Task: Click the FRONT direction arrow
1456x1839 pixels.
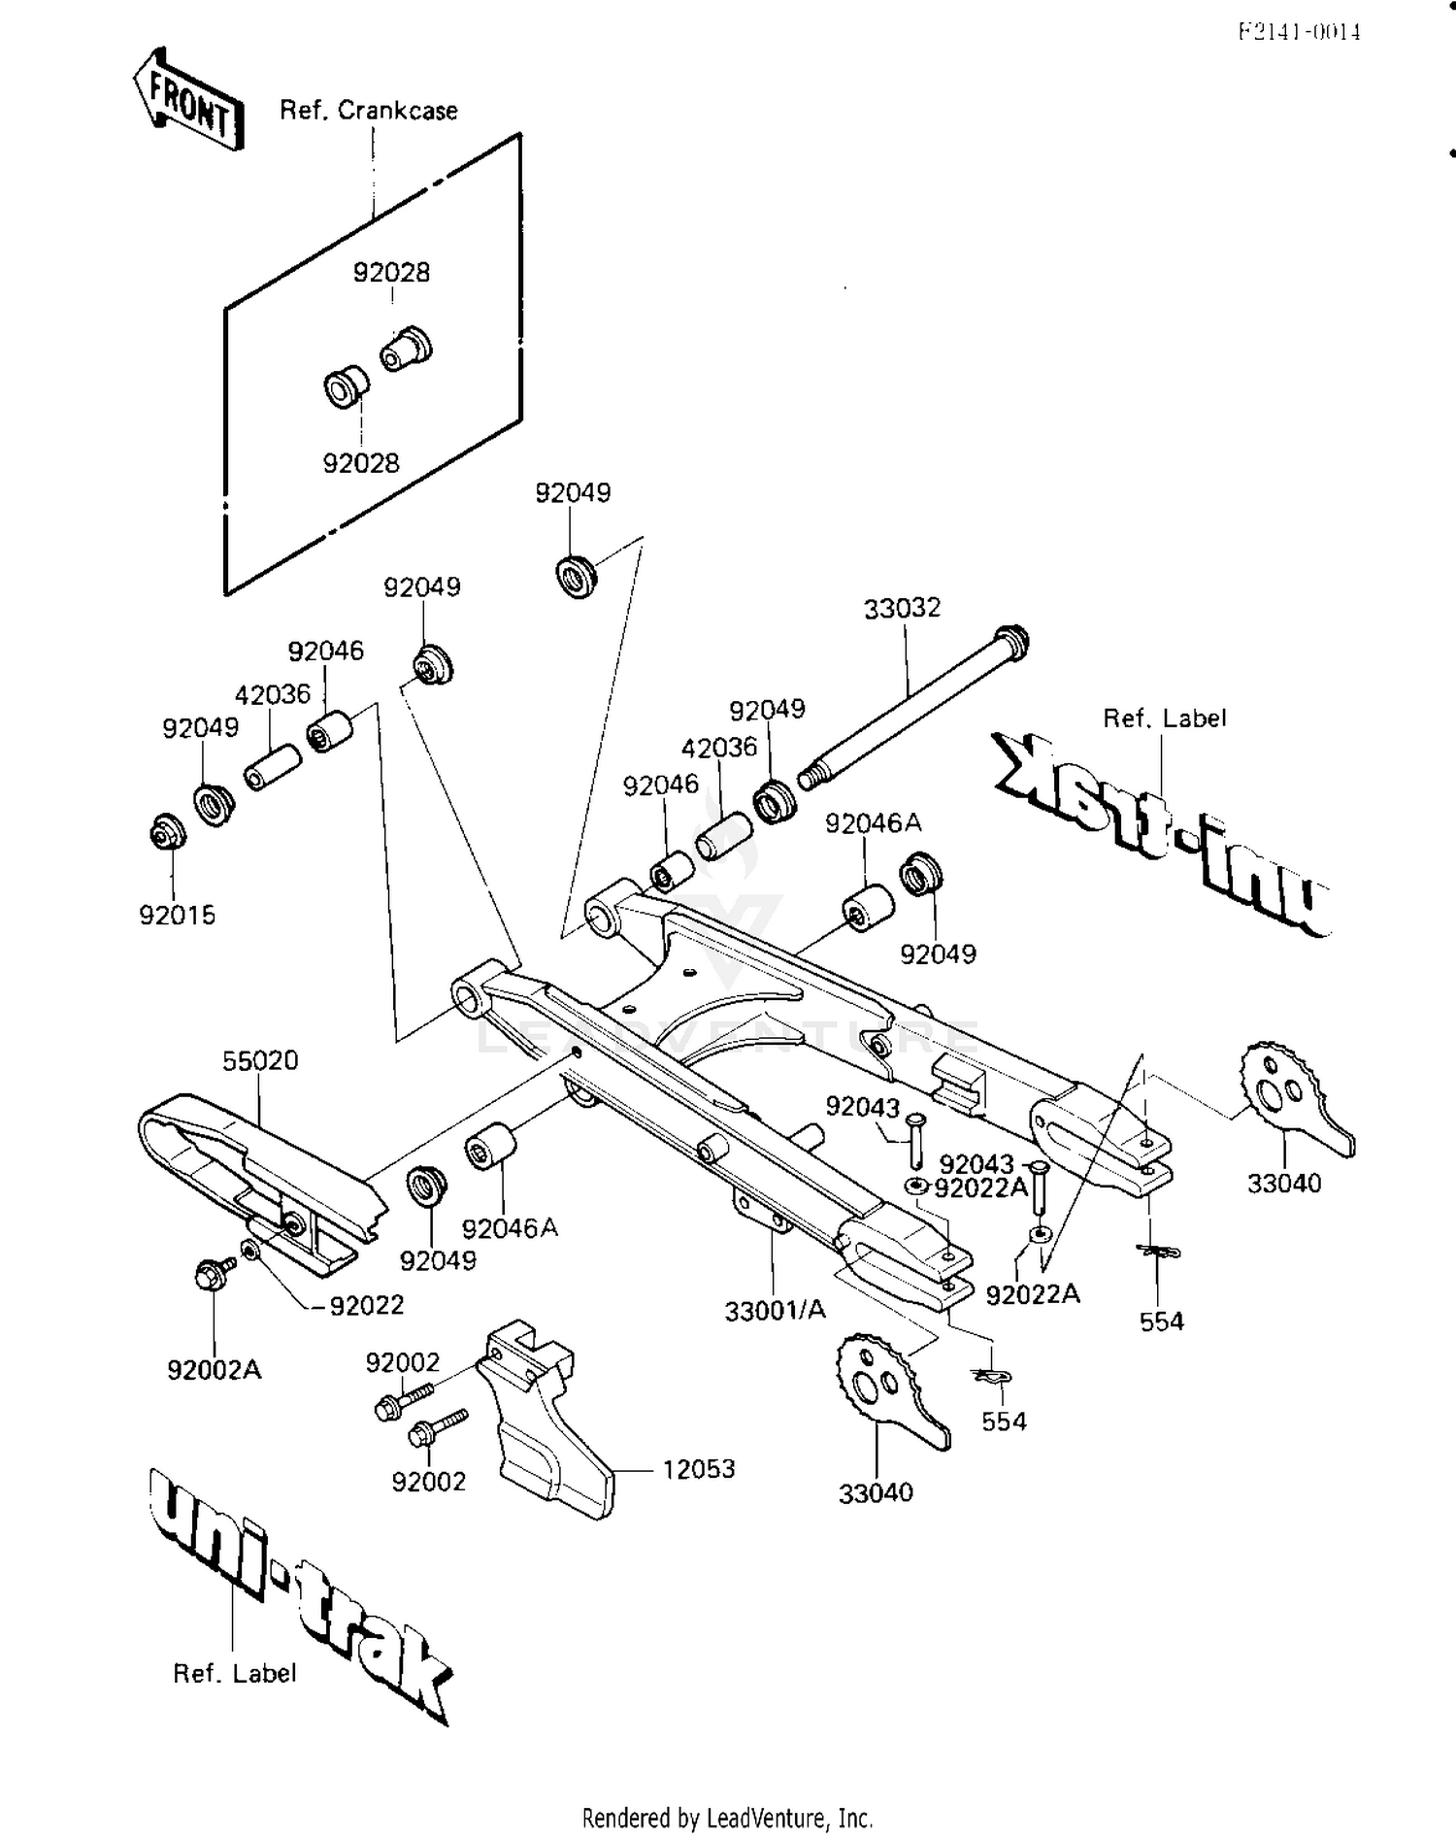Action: (x=187, y=101)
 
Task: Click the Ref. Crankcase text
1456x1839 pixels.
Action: (x=368, y=111)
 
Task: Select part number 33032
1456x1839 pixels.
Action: (x=902, y=608)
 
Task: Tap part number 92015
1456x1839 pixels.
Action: (x=177, y=915)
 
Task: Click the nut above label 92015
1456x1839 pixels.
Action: (x=164, y=832)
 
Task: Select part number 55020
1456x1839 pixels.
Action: (x=259, y=1060)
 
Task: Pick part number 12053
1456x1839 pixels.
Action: (x=698, y=1469)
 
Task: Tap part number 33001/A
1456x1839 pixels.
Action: (x=775, y=1311)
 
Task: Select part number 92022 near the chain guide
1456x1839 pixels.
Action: (x=366, y=1306)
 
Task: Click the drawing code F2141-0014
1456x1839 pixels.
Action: (x=1299, y=32)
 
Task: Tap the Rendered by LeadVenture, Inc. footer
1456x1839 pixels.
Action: (x=727, y=1818)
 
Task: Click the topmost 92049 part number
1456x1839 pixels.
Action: (x=573, y=493)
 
